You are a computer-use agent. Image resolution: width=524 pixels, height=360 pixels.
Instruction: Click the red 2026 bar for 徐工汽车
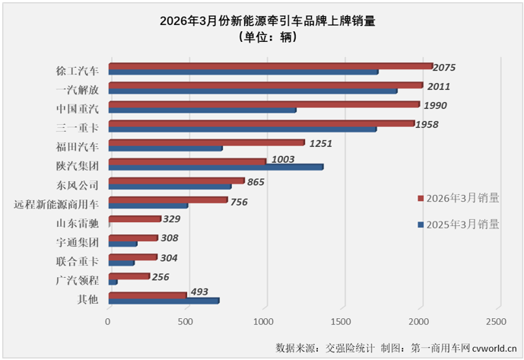[x=270, y=66]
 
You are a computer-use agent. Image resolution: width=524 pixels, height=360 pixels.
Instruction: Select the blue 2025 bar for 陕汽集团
[x=215, y=167]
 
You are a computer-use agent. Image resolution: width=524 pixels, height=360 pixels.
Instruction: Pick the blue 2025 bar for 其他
[x=164, y=301]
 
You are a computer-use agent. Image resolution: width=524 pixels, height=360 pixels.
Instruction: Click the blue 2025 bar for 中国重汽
[x=202, y=110]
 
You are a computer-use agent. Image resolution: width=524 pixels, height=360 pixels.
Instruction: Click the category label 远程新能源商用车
[x=56, y=204]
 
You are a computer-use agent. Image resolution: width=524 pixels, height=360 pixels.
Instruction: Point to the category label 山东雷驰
[x=78, y=224]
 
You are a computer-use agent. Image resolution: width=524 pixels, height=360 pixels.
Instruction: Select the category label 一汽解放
[x=78, y=90]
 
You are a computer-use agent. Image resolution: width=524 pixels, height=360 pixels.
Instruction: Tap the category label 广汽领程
[x=78, y=281]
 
